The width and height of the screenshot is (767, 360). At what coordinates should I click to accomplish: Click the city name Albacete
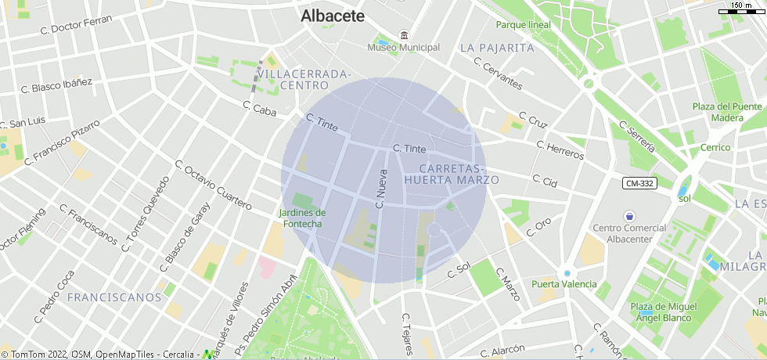(333, 16)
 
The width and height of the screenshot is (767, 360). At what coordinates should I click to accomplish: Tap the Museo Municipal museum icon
(404, 35)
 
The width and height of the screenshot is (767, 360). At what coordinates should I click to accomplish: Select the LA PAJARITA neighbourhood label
(497, 48)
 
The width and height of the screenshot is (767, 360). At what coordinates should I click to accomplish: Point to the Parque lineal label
(523, 24)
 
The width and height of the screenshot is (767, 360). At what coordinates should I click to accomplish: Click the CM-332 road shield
(639, 183)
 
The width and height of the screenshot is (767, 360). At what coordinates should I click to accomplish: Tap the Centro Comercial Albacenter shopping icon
(629, 215)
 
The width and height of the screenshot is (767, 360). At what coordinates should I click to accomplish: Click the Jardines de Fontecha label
(302, 218)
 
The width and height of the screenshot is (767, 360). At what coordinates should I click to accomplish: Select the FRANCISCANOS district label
(114, 297)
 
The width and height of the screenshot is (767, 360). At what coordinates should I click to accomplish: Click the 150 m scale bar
(742, 9)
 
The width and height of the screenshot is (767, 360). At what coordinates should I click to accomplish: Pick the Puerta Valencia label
(564, 284)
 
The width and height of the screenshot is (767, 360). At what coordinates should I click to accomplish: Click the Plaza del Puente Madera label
(727, 112)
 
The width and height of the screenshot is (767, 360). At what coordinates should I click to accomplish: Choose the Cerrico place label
(715, 147)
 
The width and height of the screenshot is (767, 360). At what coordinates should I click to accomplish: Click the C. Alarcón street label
(502, 352)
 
